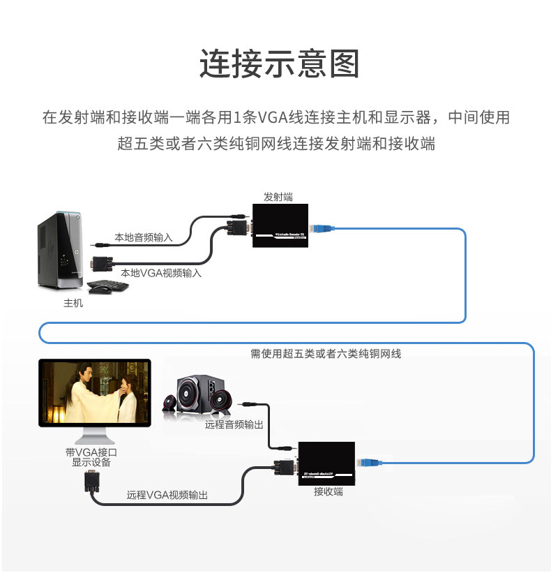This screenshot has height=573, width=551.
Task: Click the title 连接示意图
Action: point(278,64)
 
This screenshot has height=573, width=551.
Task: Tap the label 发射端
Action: point(278,197)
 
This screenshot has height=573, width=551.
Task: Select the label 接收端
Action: point(328,491)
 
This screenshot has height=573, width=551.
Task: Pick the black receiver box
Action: point(326,463)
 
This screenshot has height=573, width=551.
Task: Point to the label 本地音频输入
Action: point(143,237)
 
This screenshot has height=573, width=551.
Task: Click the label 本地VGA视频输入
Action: point(161,273)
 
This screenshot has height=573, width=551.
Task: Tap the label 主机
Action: point(73,303)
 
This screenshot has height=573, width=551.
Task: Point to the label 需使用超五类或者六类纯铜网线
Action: point(326,354)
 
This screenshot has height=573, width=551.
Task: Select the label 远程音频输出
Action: point(234,424)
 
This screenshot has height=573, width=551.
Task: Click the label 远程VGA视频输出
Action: point(167,496)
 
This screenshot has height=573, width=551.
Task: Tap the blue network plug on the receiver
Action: point(369,463)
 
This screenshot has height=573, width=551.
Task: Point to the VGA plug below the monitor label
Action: point(91,482)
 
